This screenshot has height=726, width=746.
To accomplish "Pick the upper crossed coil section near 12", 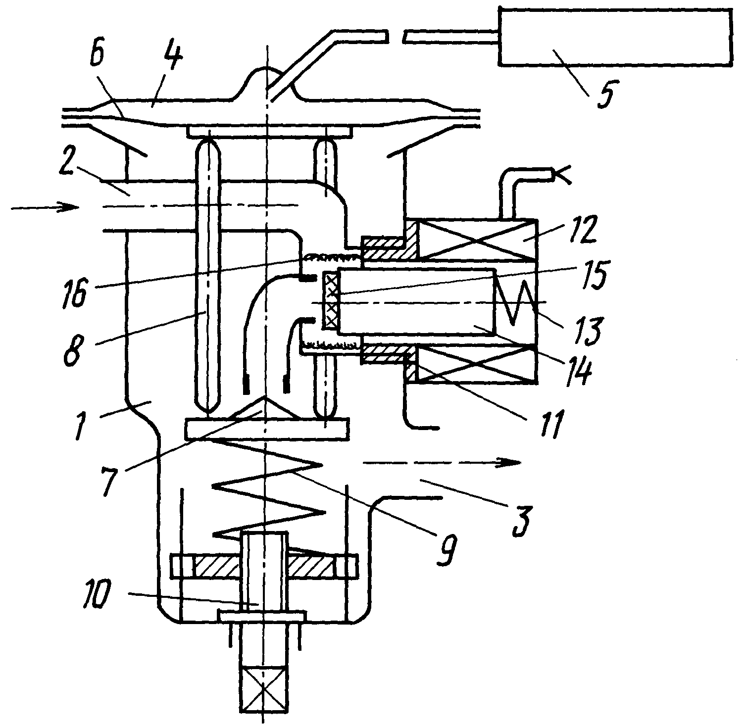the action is (477, 240).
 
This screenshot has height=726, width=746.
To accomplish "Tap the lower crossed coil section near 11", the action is (477, 364).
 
